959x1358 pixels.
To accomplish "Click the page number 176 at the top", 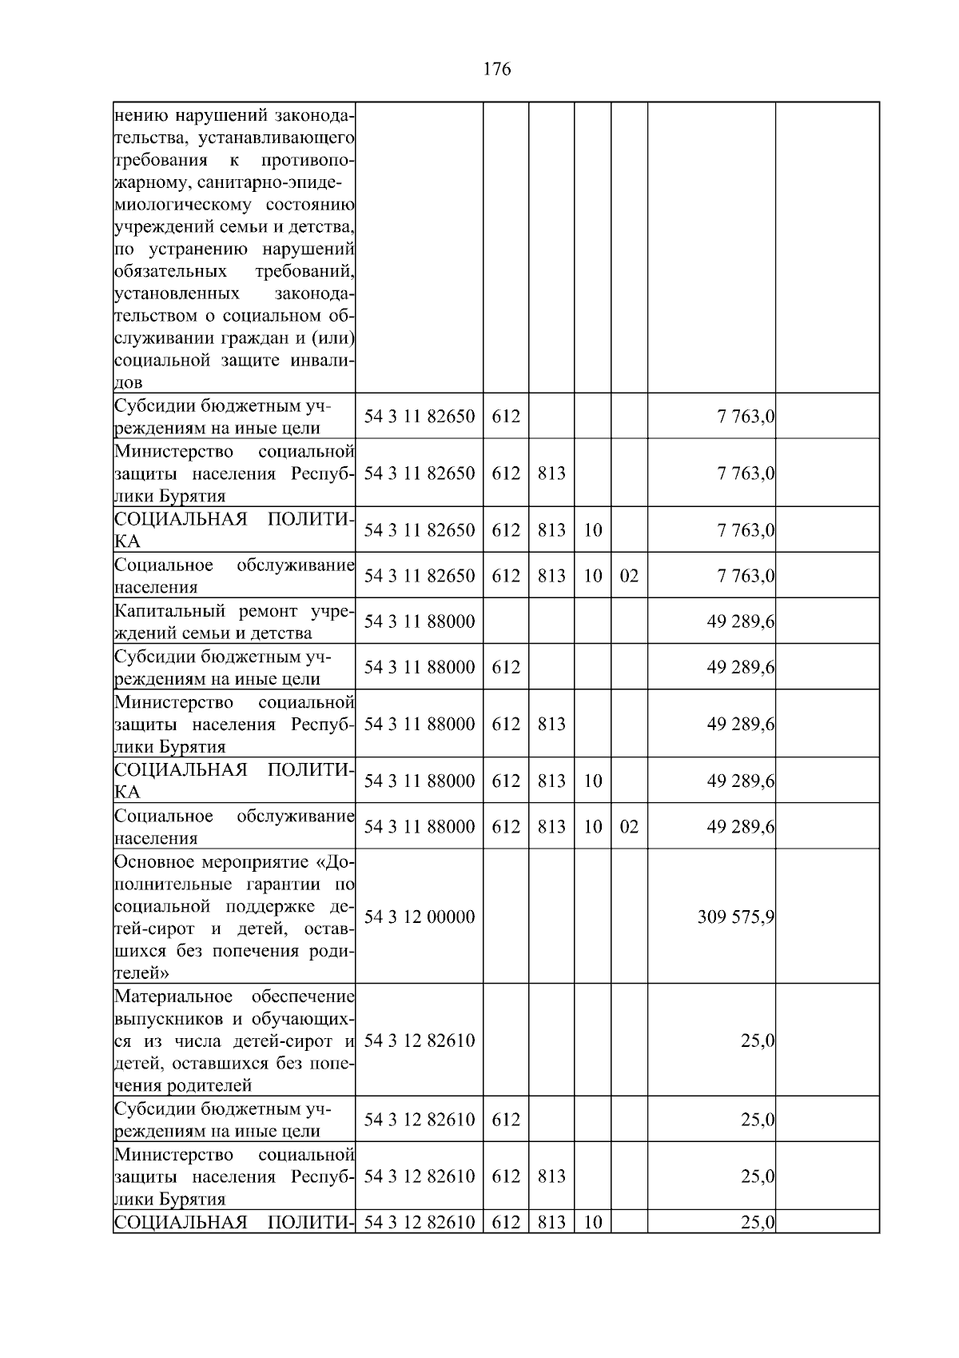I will point(497,69).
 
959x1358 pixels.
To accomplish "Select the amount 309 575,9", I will point(735,917).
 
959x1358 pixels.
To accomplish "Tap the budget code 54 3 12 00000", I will point(420,917).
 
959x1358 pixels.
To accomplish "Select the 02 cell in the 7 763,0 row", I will point(629,576).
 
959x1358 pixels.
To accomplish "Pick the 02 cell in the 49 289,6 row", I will point(629,827).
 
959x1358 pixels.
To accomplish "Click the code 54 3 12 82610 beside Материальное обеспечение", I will point(420,1040).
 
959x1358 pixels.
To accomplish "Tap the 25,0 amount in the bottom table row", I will point(758,1223).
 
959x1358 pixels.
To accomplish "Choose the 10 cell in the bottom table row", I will point(592,1223).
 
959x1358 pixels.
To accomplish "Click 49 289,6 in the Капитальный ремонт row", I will point(740,621).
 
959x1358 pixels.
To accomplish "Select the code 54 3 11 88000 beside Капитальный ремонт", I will point(420,621).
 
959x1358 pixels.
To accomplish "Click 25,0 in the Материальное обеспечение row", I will point(758,1040).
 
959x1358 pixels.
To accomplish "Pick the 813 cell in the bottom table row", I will point(551,1223).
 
